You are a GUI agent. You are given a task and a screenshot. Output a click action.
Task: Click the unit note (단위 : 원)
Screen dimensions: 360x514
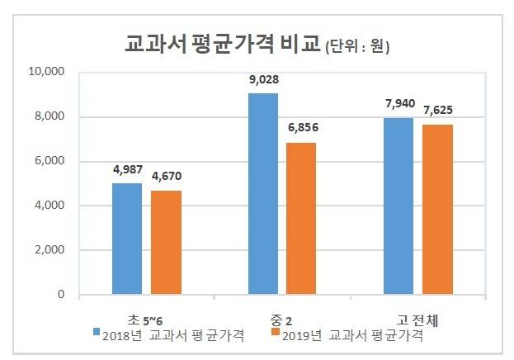(356, 47)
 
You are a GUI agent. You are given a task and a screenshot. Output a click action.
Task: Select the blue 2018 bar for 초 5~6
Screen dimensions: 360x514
(126, 239)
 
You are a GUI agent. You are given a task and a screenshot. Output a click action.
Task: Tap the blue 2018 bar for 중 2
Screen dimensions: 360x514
(262, 194)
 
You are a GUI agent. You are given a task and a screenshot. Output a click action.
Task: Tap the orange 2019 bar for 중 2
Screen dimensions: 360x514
(300, 218)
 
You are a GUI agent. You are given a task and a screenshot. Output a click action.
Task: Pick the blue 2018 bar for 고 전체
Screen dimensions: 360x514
(398, 206)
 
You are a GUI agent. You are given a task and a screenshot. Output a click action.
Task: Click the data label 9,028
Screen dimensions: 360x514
(262, 82)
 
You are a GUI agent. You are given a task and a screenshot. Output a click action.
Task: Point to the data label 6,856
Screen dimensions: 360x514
(302, 130)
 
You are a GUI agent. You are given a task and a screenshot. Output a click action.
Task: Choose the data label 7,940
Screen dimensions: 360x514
(398, 106)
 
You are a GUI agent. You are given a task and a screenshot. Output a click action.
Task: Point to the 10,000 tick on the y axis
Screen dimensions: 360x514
(46, 72)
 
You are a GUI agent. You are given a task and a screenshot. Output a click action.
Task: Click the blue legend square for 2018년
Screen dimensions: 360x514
(97, 334)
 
